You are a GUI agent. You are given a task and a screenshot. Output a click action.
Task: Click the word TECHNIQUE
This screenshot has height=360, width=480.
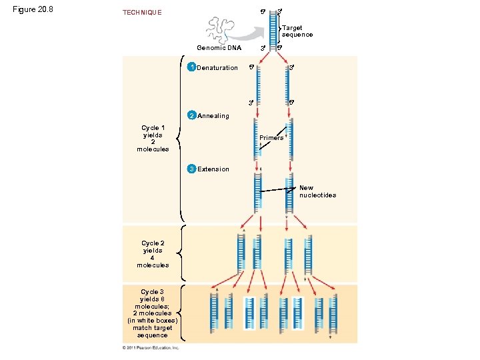[x=141, y=13]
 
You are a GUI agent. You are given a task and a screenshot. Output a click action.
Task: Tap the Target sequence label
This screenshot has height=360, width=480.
[x=297, y=31]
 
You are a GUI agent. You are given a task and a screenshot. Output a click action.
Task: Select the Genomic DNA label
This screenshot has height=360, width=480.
[x=219, y=48]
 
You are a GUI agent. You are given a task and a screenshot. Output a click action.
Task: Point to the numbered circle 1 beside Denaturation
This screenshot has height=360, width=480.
[x=191, y=67]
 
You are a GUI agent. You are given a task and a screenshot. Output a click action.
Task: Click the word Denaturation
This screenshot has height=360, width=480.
[x=217, y=68]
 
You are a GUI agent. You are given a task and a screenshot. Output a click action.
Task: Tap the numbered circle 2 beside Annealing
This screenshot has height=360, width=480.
[x=191, y=115]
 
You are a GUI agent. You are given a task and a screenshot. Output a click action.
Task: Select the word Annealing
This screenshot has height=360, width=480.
[x=213, y=116]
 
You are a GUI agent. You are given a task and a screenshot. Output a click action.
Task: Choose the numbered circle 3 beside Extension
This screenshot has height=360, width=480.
[x=191, y=169]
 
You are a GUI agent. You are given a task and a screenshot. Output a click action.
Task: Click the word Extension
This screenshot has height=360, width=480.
[x=213, y=169]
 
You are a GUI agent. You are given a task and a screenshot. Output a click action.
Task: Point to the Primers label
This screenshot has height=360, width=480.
[x=271, y=138]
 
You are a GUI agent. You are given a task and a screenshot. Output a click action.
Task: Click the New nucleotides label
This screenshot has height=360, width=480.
[x=317, y=191]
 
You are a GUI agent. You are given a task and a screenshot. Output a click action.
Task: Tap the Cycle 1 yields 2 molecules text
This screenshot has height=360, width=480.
[x=153, y=138]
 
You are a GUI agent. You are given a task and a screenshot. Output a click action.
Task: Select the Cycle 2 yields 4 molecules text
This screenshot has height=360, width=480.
[x=153, y=254]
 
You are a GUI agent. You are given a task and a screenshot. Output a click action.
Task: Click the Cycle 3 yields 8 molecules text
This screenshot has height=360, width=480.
[x=152, y=313]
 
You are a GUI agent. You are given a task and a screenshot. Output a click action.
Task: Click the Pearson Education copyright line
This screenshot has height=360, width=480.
[x=151, y=347]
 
